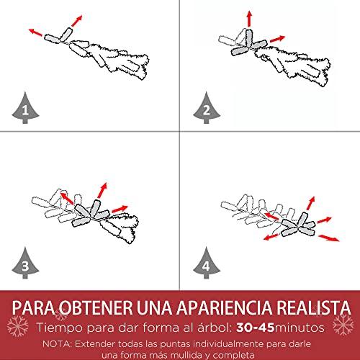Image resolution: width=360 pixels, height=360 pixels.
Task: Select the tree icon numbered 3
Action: point(25,264)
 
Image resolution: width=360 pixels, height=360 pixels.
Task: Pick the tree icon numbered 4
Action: point(207,264)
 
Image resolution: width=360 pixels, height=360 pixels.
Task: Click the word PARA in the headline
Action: point(34,307)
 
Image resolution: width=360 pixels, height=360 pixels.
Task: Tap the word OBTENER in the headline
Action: point(96,307)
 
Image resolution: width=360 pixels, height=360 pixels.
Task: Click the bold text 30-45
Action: point(255,328)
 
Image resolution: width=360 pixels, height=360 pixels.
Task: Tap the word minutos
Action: point(299,328)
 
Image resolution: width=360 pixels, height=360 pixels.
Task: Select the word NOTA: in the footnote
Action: point(57,344)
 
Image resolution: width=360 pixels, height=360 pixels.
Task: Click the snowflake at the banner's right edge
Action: point(343,325)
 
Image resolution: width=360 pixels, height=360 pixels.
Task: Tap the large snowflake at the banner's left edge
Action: point(17,326)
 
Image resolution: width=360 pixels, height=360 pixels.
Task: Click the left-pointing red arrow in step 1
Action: point(35,32)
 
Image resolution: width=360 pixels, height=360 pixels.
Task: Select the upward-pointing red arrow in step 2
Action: point(250,19)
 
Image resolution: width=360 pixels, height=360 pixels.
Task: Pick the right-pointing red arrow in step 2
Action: point(277,39)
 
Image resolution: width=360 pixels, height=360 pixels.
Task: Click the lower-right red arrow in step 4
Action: point(329,238)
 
